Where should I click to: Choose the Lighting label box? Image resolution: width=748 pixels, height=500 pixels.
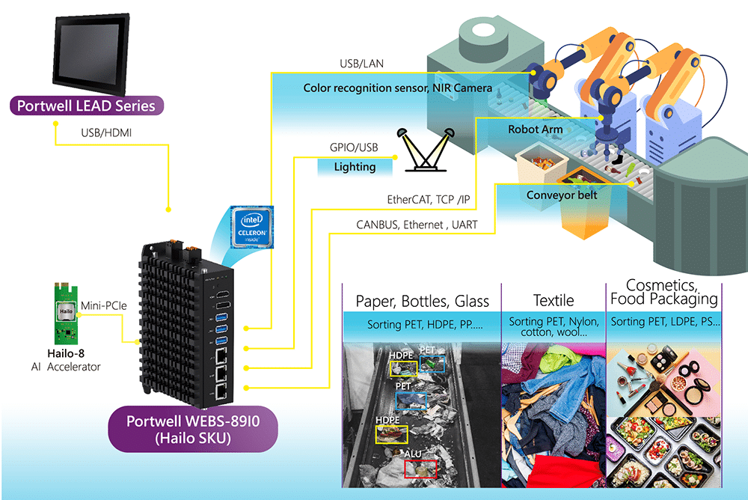(355, 166)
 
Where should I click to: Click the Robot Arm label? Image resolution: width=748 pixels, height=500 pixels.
(535, 129)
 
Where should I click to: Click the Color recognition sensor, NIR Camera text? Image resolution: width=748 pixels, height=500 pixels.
(397, 88)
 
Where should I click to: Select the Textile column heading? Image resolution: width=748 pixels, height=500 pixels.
(553, 301)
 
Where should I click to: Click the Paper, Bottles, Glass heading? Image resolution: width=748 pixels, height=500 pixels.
(422, 302)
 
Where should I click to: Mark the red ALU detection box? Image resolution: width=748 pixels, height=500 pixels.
(420, 469)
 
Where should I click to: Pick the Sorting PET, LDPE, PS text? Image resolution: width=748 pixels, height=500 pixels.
(665, 324)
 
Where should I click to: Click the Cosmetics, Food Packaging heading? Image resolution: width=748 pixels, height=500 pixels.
(664, 292)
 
